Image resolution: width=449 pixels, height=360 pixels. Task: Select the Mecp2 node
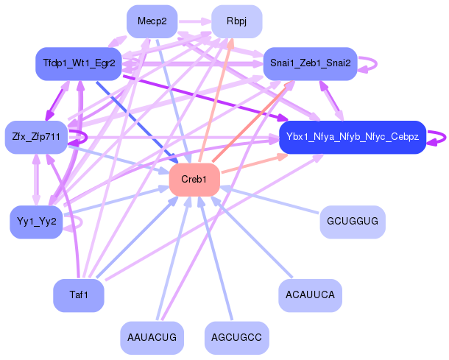pos(152,21)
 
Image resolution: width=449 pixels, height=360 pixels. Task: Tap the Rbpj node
pos(236,21)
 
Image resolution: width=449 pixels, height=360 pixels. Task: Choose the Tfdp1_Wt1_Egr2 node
pos(78,64)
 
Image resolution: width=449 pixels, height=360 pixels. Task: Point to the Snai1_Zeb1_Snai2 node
pos(310,64)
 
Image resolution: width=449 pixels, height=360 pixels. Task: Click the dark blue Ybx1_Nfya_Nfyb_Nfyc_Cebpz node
pos(352,137)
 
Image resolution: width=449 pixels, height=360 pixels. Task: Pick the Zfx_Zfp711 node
pos(36,137)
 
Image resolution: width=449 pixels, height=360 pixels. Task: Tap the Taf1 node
pos(78,295)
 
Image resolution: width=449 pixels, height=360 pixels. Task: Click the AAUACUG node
pos(152,337)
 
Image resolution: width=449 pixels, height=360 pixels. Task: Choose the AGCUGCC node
pos(236,337)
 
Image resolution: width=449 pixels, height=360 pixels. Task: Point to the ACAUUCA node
pos(310,295)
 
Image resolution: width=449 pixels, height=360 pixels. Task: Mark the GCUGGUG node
pos(352,221)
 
